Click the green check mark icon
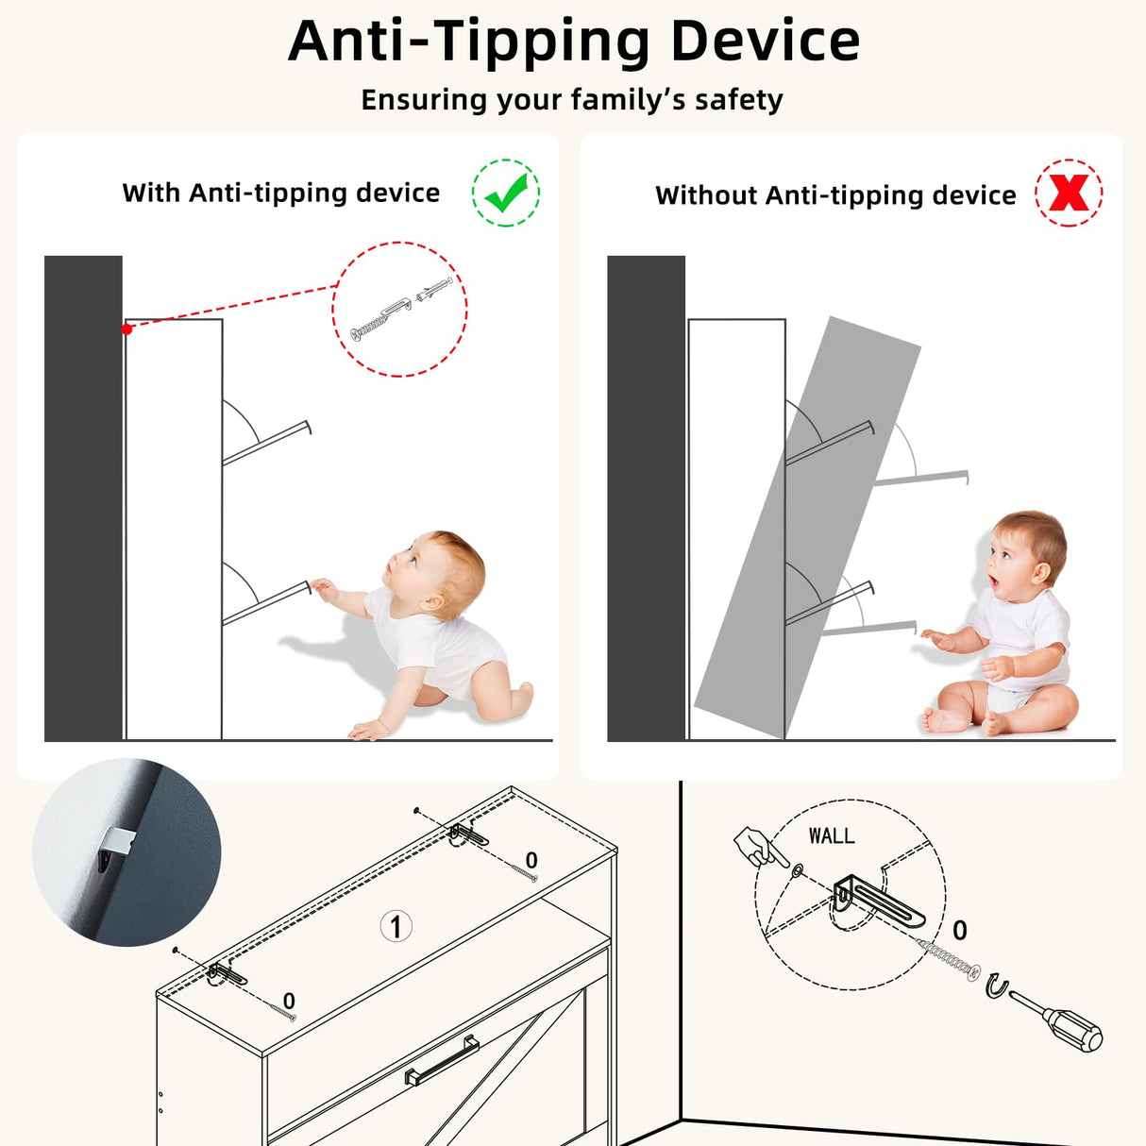coord(506,193)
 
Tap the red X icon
coord(1069,193)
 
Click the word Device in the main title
coord(766,41)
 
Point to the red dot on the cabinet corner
coord(126,329)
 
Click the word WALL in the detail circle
coord(832,836)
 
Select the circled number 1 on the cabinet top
coord(396,926)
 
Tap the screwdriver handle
coord(1073,1031)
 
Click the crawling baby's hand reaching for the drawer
coord(324,589)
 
